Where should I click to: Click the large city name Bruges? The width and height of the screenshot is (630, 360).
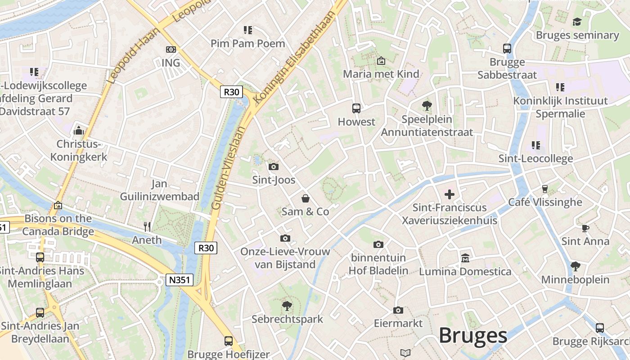click(473, 336)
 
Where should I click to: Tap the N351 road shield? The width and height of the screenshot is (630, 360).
click(180, 280)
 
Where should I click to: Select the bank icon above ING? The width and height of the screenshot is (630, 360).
click(171, 49)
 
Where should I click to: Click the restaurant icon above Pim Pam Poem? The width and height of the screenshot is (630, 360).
click(248, 30)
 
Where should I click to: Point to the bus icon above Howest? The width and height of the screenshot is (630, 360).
click(356, 108)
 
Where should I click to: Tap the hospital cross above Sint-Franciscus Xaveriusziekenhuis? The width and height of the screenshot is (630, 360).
click(449, 194)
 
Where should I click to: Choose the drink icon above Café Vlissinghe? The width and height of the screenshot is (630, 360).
click(545, 189)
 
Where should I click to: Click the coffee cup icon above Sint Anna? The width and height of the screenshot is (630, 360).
click(585, 228)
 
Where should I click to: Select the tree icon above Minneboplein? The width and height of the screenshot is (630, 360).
click(575, 266)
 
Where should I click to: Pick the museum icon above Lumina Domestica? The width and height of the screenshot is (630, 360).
click(465, 258)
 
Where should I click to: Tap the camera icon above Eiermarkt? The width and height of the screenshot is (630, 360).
click(398, 310)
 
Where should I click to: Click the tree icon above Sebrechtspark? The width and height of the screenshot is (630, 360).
click(287, 306)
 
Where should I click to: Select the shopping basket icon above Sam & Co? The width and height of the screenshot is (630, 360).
click(306, 198)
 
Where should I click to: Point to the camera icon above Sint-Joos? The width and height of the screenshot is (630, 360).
click(273, 167)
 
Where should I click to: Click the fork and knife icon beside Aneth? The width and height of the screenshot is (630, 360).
click(147, 226)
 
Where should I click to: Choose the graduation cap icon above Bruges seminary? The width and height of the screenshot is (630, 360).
click(577, 22)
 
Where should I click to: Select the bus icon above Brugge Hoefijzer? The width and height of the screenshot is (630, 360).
click(229, 341)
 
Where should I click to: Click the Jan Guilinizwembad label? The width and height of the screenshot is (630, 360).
click(160, 190)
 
